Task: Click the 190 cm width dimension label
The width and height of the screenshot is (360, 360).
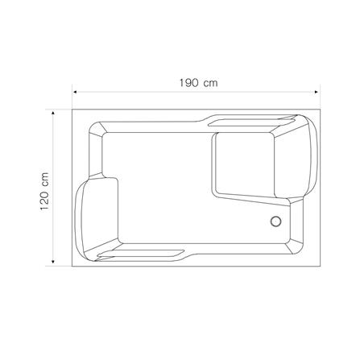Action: click(198, 83)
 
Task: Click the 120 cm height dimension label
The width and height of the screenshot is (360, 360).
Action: click(44, 192)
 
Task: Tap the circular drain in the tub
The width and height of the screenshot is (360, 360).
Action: click(275, 221)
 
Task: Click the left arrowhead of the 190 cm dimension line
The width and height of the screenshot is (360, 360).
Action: click(75, 92)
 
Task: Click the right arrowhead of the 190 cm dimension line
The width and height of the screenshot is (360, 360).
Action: click(317, 92)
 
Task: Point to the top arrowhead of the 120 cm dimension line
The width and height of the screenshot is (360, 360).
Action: click(53, 113)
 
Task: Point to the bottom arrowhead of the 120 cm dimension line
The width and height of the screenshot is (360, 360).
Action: click(53, 262)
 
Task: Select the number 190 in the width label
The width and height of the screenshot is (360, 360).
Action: click(188, 83)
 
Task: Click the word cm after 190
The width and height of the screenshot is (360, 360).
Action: click(210, 84)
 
